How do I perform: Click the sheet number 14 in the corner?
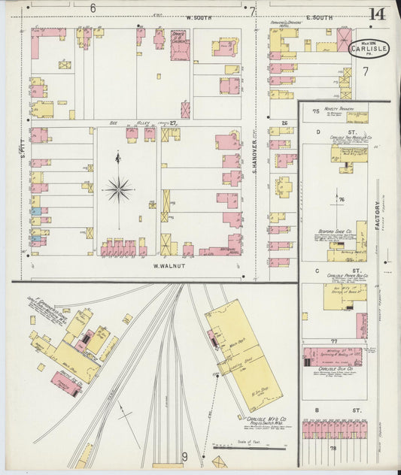click(378, 14)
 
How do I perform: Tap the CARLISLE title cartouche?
click(369, 49)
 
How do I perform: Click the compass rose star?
click(118, 189)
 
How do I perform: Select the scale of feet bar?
click(238, 446)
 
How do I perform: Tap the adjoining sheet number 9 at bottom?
click(184, 456)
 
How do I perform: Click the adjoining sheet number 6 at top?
click(93, 8)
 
